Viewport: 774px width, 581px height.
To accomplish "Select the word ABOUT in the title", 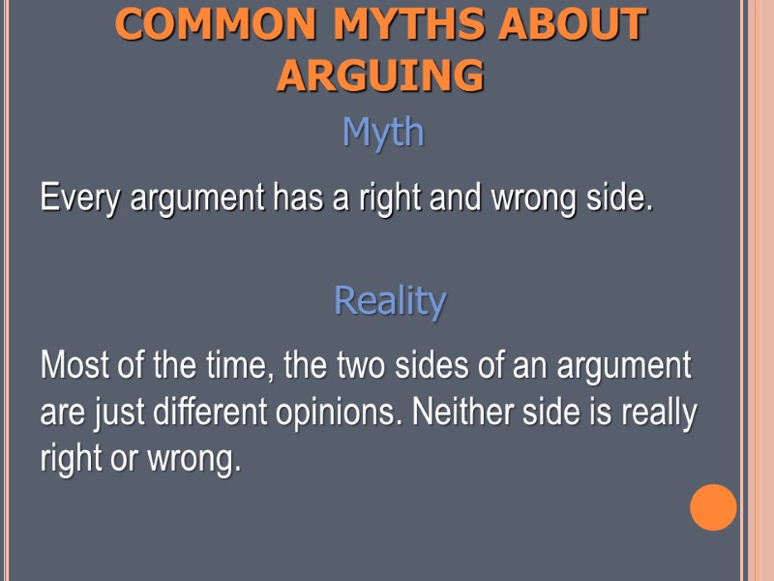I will pos(572,26).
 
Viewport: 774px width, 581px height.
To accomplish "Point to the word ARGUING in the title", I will pos(380,76).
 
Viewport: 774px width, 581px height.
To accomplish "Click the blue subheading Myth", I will pos(383,133).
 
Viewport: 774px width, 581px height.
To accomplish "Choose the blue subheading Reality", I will pos(390,301).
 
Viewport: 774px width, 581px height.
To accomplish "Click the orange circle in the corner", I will pos(713,507).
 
